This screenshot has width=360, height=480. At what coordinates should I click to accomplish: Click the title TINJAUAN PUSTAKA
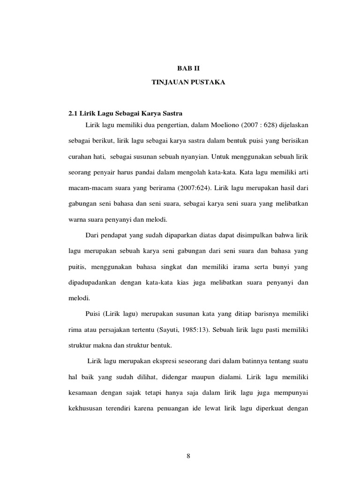point(189,82)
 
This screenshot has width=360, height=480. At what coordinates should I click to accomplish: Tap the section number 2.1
point(74,113)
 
